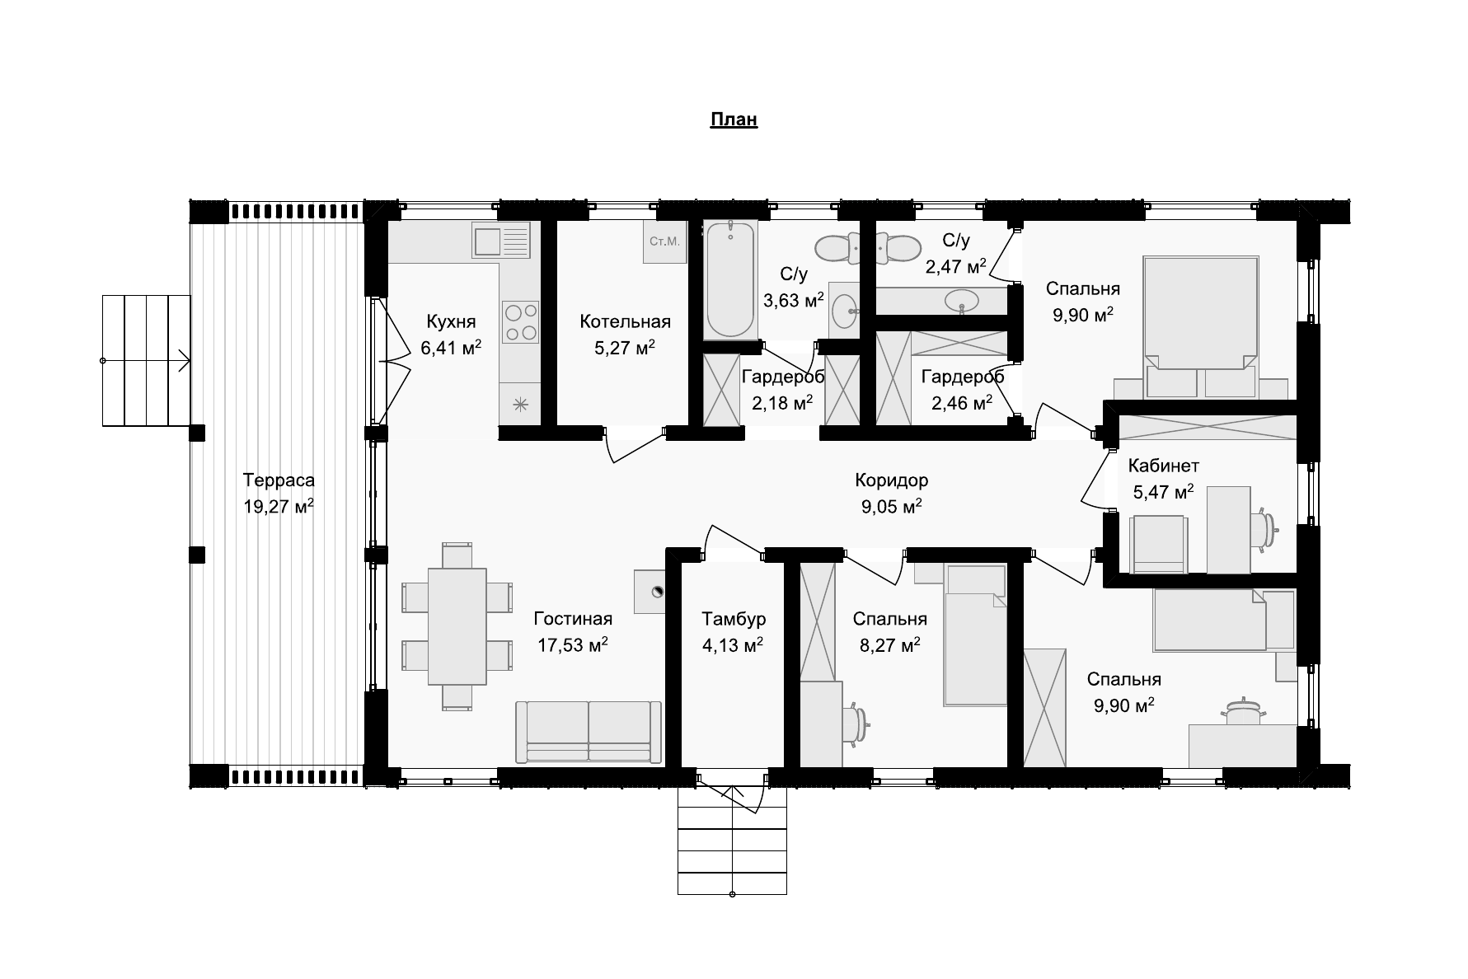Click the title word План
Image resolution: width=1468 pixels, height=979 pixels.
[734, 119]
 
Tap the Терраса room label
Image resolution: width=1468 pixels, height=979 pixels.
[279, 480]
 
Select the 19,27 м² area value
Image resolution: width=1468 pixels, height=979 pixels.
[279, 506]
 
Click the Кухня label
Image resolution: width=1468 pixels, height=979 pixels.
[451, 321]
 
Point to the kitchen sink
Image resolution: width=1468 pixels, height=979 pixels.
[500, 242]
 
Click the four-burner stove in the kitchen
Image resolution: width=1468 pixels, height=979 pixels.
[521, 322]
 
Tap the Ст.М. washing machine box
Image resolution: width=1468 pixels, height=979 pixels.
[664, 241]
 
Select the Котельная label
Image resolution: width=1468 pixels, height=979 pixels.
[626, 321]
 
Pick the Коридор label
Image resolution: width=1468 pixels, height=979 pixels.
[892, 480]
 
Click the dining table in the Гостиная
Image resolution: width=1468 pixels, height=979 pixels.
[457, 626]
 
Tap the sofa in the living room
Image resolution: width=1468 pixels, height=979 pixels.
[589, 731]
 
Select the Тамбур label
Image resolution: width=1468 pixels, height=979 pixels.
[734, 618]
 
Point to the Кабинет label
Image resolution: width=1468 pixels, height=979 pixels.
[1164, 466]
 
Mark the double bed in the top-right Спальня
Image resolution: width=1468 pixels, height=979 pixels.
[1200, 314]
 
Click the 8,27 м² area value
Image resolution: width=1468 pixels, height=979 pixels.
[890, 644]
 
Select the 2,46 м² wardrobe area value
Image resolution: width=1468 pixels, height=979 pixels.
[962, 403]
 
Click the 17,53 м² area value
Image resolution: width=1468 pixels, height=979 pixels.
[573, 644]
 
